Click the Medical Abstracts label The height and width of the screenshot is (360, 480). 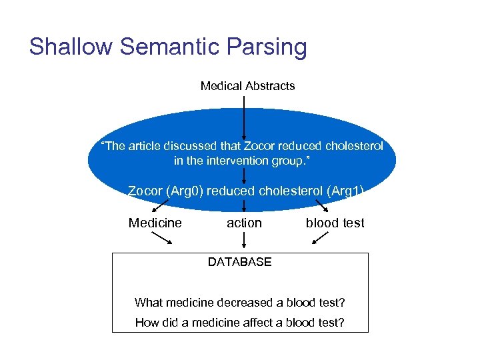(x=247, y=86)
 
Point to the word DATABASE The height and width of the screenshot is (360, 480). (x=239, y=262)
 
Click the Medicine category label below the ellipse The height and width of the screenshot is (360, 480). (x=155, y=223)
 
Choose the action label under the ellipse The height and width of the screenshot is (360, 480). (x=244, y=223)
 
